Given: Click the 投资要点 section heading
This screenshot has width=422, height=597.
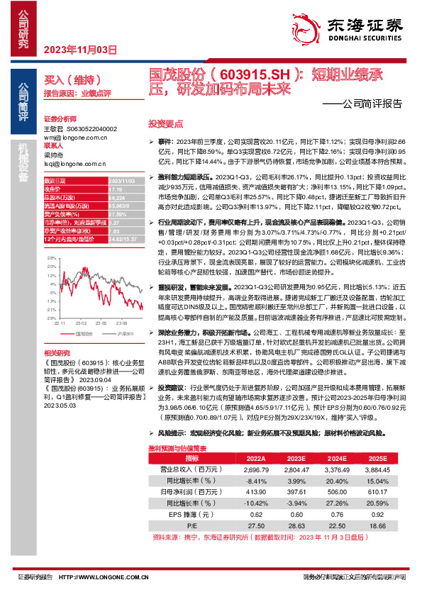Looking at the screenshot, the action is pyautogui.click(x=165, y=122).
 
